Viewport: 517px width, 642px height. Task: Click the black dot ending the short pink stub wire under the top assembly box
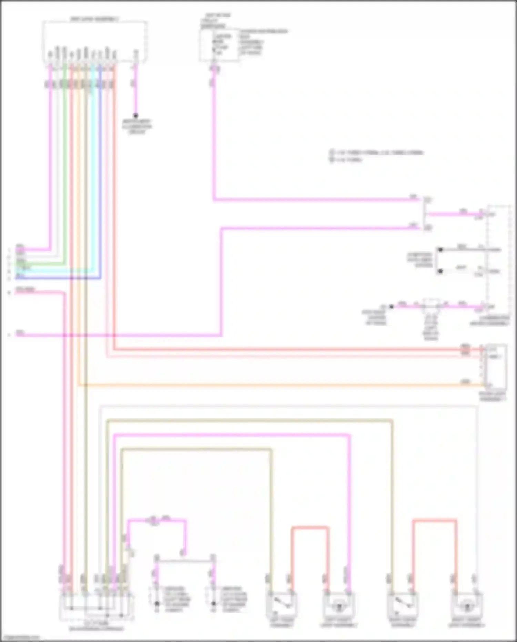[135, 116]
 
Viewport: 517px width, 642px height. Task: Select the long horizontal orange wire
[276, 384]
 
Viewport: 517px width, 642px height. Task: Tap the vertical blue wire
[100, 172]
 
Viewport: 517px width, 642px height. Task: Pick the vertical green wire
[64, 172]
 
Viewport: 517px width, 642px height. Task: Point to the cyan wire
[93, 172]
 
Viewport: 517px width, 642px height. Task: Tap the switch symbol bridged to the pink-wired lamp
[281, 605]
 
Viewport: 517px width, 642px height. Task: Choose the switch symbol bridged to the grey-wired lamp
[402, 605]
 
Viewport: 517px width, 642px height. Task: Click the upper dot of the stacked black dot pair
[440, 250]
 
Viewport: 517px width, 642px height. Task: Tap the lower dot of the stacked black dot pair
[440, 271]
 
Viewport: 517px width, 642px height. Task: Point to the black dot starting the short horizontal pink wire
[392, 306]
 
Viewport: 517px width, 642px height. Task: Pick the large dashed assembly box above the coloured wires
[95, 41]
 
